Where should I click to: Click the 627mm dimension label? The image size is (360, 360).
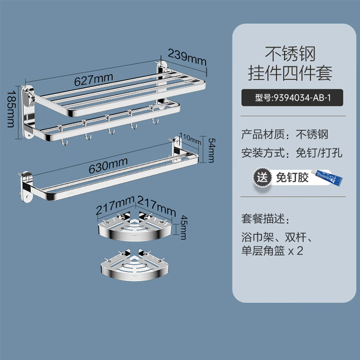(94, 80)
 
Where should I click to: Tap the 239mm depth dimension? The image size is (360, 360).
(187, 58)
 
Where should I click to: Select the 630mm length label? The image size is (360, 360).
(108, 166)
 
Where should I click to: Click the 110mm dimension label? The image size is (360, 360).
(190, 139)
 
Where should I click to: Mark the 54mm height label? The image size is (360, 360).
(211, 150)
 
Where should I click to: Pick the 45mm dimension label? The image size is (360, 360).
(184, 227)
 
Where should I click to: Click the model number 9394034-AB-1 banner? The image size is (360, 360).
(292, 98)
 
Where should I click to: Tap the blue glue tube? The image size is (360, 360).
(327, 177)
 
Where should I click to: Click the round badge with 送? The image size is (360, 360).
(262, 177)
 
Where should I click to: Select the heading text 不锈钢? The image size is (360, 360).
(290, 54)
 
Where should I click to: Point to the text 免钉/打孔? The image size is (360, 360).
(319, 153)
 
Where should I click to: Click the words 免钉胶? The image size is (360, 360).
(292, 177)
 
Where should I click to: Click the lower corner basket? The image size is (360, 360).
(135, 265)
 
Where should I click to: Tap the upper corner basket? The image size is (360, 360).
(135, 227)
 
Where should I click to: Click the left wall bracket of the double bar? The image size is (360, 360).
(26, 186)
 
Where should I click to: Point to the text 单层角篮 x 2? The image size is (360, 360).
(272, 251)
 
